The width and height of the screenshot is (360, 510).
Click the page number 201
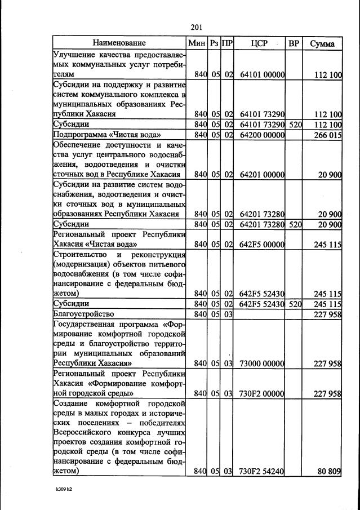tap(197, 27)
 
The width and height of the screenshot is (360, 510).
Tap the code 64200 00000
tap(262, 135)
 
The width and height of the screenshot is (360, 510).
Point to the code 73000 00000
tap(262, 363)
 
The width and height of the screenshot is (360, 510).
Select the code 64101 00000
tap(262, 74)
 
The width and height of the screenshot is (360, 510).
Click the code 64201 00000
tap(262, 175)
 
